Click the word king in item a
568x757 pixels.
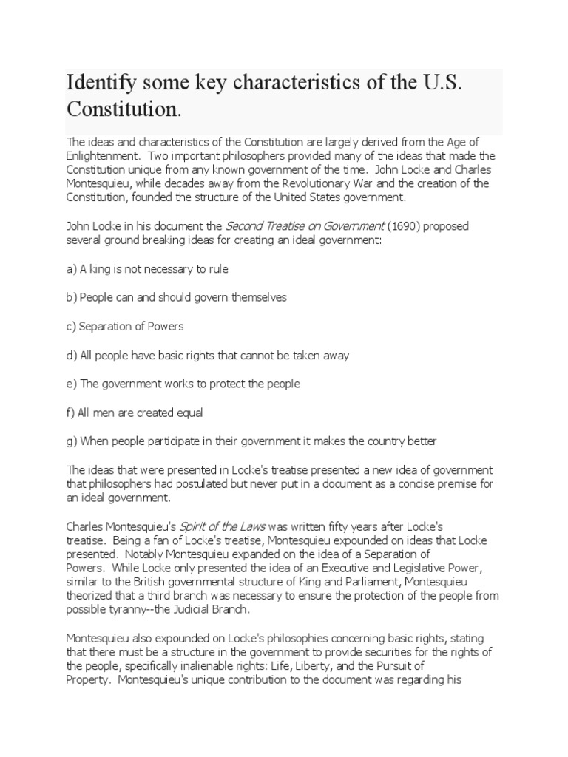(x=95, y=269)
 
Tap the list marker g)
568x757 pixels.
(x=72, y=441)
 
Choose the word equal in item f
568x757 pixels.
(x=188, y=413)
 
